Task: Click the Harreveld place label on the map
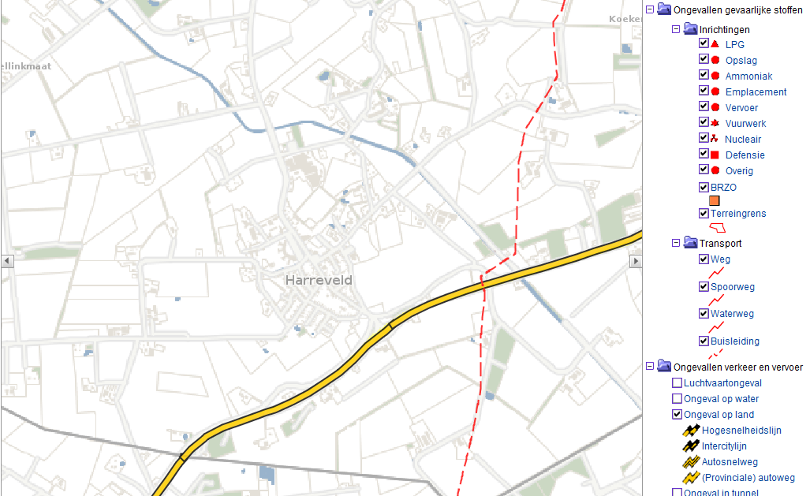click(x=319, y=280)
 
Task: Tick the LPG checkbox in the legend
click(x=704, y=44)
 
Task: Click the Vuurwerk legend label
click(x=745, y=124)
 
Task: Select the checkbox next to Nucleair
click(x=704, y=139)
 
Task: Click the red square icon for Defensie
click(x=715, y=155)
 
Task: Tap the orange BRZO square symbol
click(x=715, y=201)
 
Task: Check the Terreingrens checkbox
click(x=704, y=213)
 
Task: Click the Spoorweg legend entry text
click(x=732, y=287)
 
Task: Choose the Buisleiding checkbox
click(x=704, y=341)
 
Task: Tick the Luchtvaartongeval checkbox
click(x=677, y=383)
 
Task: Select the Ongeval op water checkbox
click(x=677, y=399)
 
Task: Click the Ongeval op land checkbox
click(x=677, y=415)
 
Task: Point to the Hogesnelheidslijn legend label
click(x=741, y=431)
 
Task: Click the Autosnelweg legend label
click(x=730, y=462)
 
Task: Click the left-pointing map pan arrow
click(x=7, y=261)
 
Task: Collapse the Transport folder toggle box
click(x=676, y=243)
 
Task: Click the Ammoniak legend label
click(x=748, y=76)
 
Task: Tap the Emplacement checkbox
click(x=704, y=91)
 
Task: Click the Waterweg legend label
click(x=732, y=314)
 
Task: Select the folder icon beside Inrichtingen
click(x=690, y=29)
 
